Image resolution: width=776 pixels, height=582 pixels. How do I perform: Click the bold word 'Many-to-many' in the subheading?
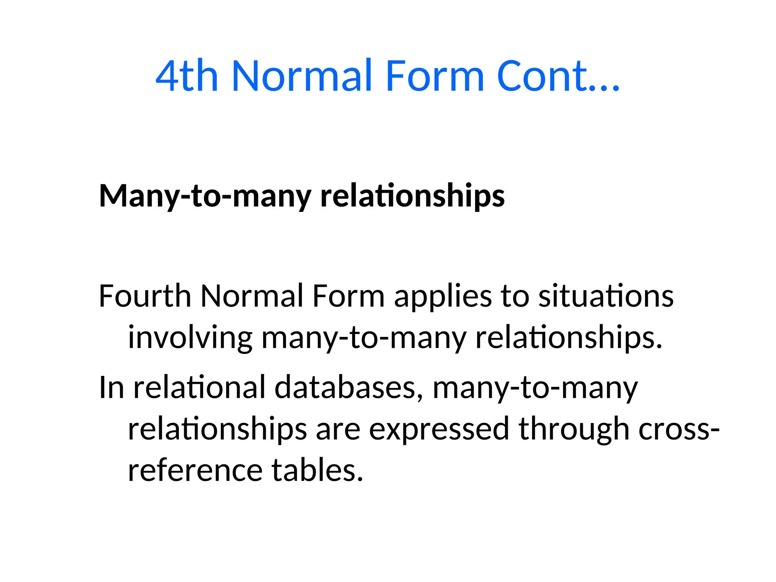(x=205, y=196)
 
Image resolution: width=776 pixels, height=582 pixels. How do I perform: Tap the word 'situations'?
(x=606, y=296)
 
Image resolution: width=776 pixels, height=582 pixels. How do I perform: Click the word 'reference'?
(x=195, y=470)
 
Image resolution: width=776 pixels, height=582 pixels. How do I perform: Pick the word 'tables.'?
(x=318, y=470)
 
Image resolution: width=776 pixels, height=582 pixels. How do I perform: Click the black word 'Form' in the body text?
(x=348, y=296)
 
